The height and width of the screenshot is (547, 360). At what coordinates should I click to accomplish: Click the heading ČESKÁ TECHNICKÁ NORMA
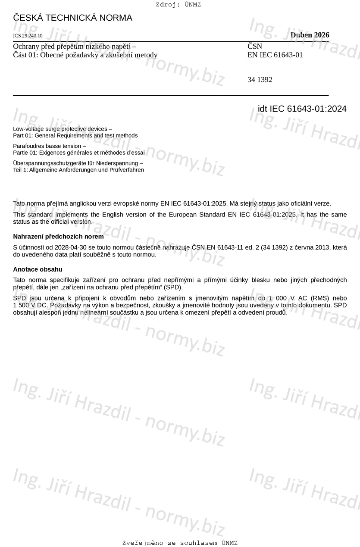point(72,18)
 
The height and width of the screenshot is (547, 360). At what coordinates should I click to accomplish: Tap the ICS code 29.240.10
point(28,36)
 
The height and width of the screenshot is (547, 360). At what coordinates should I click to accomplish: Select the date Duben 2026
point(310,35)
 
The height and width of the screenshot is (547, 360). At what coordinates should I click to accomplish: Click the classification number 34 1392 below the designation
point(260,80)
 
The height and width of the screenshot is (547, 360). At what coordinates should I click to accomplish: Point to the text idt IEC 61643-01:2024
point(302,109)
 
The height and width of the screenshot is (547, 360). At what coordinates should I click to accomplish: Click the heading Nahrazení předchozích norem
point(58,237)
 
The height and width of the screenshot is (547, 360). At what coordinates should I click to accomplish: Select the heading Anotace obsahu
point(38,269)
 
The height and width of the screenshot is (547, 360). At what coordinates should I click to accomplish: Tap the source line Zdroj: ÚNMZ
point(178,5)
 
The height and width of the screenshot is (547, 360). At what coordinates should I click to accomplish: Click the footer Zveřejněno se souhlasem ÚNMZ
point(180,543)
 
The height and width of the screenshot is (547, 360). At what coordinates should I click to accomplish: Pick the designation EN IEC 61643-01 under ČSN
point(275,55)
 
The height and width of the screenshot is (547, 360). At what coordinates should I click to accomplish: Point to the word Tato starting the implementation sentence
point(20,203)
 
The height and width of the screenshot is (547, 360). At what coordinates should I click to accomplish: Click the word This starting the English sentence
point(19,215)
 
